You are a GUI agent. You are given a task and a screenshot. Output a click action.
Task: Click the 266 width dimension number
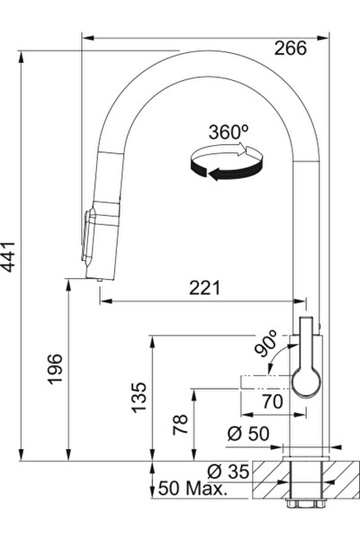[290, 49]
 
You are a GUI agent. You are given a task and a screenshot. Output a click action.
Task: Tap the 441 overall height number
[8, 256]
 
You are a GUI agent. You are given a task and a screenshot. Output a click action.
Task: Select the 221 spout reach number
[204, 288]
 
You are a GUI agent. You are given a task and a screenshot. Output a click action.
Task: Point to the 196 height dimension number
[55, 369]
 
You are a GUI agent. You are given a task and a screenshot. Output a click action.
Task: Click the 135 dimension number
[139, 397]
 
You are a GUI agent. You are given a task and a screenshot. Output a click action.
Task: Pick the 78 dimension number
[181, 424]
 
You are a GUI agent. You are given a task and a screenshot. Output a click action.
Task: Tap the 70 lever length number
[273, 401]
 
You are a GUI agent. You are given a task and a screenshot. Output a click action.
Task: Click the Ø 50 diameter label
[248, 434]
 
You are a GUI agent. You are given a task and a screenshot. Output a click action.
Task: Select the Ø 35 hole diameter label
[228, 472]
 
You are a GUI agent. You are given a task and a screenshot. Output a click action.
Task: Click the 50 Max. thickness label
[193, 489]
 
